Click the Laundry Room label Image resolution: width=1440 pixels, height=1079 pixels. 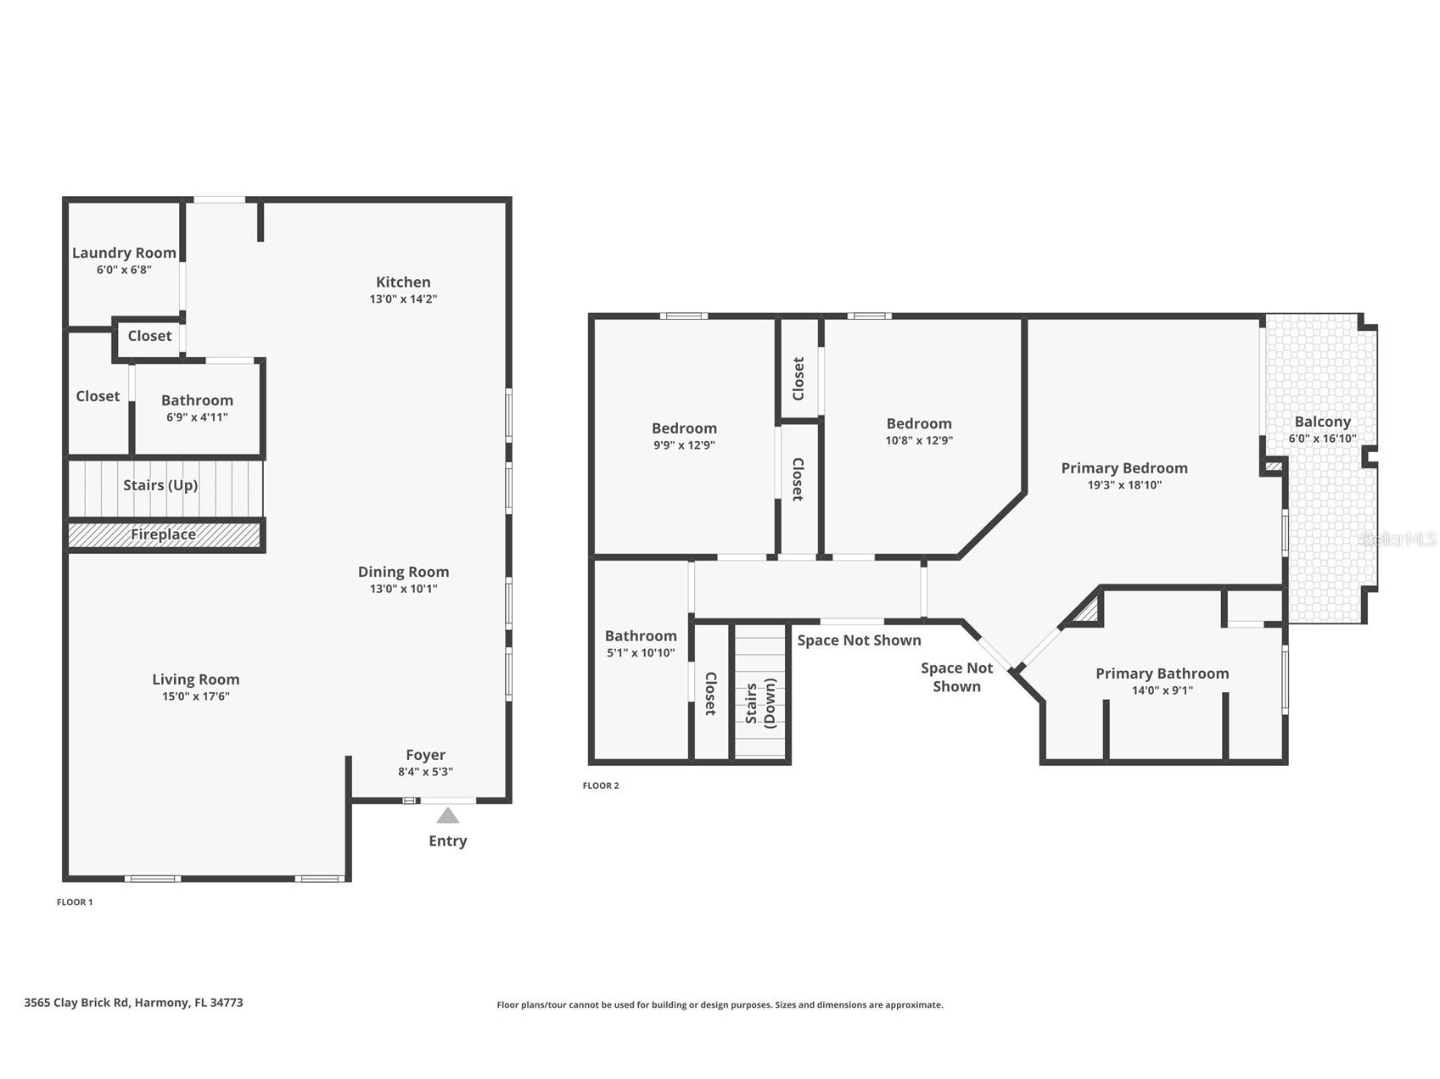[124, 253]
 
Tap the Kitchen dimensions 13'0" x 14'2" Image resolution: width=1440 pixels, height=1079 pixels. [403, 299]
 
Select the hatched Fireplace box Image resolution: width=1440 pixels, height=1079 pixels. [164, 534]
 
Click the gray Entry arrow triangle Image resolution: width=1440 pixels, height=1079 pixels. [447, 816]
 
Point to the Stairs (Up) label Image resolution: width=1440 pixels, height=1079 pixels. [160, 485]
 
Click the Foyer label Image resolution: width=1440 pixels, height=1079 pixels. [425, 755]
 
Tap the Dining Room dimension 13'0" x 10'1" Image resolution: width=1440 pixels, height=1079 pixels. [403, 589]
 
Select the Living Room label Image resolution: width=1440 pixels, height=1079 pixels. [196, 679]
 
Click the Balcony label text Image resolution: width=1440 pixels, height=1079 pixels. [1322, 422]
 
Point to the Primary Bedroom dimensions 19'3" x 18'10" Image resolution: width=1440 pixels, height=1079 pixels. [1124, 485]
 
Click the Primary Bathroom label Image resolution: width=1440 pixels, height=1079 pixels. [1162, 674]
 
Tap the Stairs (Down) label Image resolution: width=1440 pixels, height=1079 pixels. [760, 702]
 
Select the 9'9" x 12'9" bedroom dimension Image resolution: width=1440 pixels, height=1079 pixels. [684, 445]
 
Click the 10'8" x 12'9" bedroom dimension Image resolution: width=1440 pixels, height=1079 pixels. [919, 440]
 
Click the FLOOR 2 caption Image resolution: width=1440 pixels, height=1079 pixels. [601, 785]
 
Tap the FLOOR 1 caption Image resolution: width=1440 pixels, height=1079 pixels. [75, 902]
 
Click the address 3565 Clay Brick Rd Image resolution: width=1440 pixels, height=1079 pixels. [133, 1003]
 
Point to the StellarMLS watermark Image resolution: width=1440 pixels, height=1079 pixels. [1398, 539]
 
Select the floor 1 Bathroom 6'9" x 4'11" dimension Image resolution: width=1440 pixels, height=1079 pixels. [197, 417]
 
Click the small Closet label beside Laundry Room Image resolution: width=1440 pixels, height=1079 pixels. [149, 336]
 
